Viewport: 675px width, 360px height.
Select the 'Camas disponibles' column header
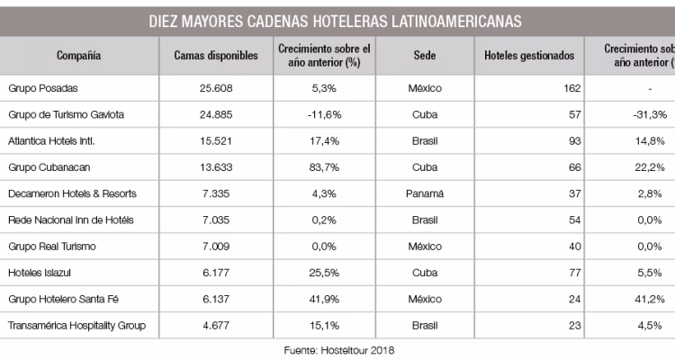point(215,56)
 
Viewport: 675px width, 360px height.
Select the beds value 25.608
point(215,89)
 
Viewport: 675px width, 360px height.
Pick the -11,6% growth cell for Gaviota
point(323,115)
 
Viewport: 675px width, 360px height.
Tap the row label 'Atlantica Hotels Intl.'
point(51,141)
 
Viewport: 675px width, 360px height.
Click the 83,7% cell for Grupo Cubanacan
point(323,167)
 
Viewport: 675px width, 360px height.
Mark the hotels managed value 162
point(566,89)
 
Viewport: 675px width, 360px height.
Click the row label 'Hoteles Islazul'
point(40,272)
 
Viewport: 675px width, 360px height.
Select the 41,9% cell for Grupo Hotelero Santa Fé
point(323,298)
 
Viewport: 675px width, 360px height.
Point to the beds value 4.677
point(215,324)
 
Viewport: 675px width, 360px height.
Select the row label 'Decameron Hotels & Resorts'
point(66,193)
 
